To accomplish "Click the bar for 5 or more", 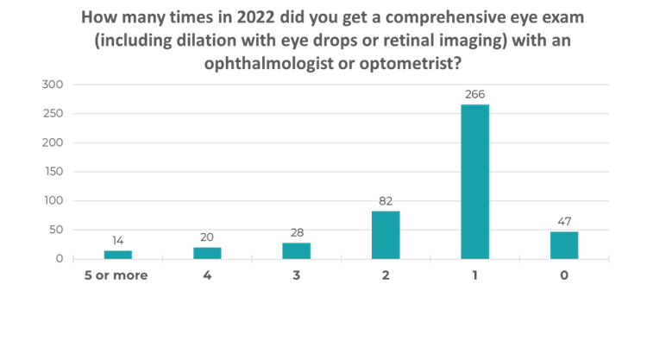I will [118, 255].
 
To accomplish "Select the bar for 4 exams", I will [207, 253].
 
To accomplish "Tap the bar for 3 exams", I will [297, 250].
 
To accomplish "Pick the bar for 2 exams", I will [386, 235].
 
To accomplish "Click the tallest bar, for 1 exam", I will [474, 181].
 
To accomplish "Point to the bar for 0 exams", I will [564, 245].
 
